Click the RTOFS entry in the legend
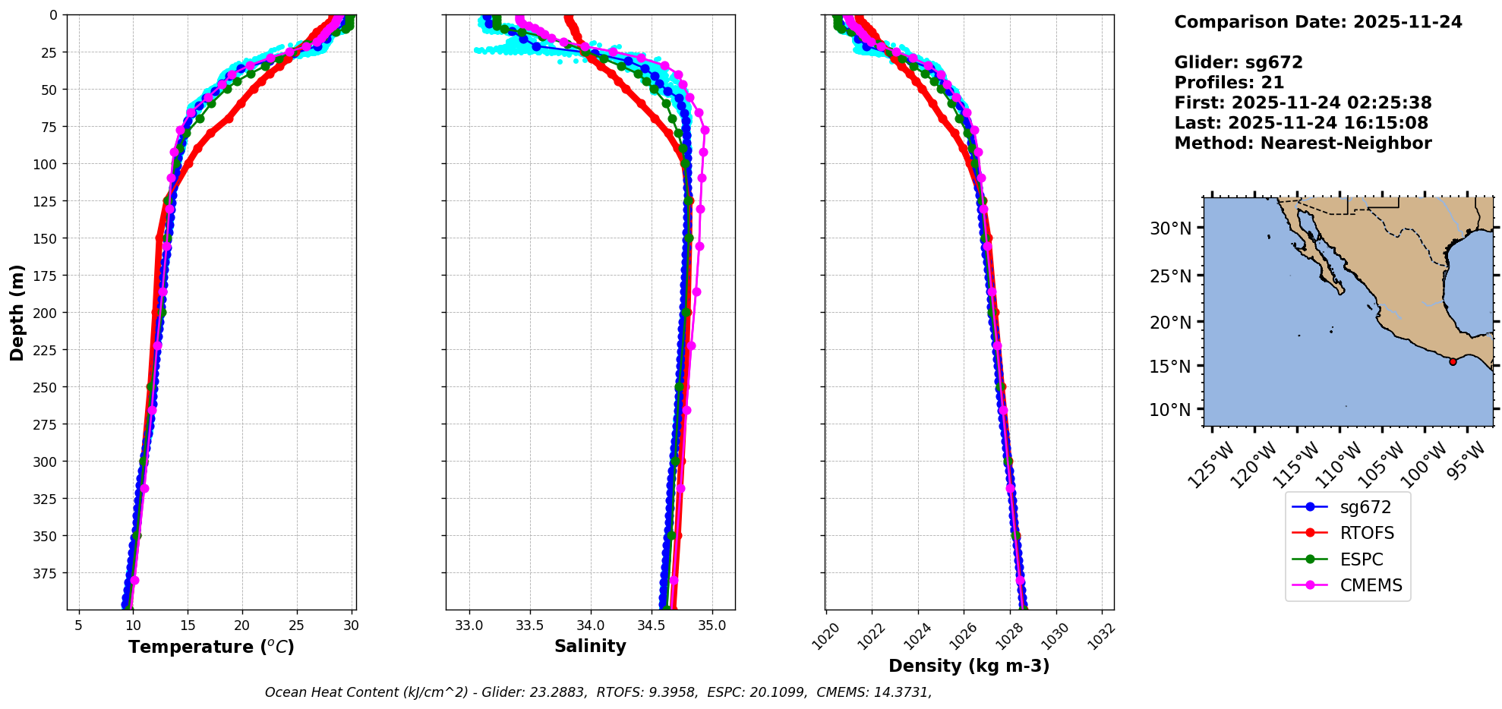[1367, 534]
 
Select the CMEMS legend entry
[1371, 586]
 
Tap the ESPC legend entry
[1362, 560]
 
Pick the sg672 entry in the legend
[1365, 507]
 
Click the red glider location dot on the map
[1453, 361]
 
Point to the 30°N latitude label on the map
[1170, 228]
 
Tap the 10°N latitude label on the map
[1170, 410]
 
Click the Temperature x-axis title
[211, 648]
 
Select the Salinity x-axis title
[590, 647]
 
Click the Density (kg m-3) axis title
[969, 666]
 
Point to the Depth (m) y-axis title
[17, 312]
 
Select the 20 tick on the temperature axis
[242, 625]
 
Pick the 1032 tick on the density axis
[1100, 636]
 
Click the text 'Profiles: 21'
[1229, 83]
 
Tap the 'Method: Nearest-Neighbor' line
[1302, 143]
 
